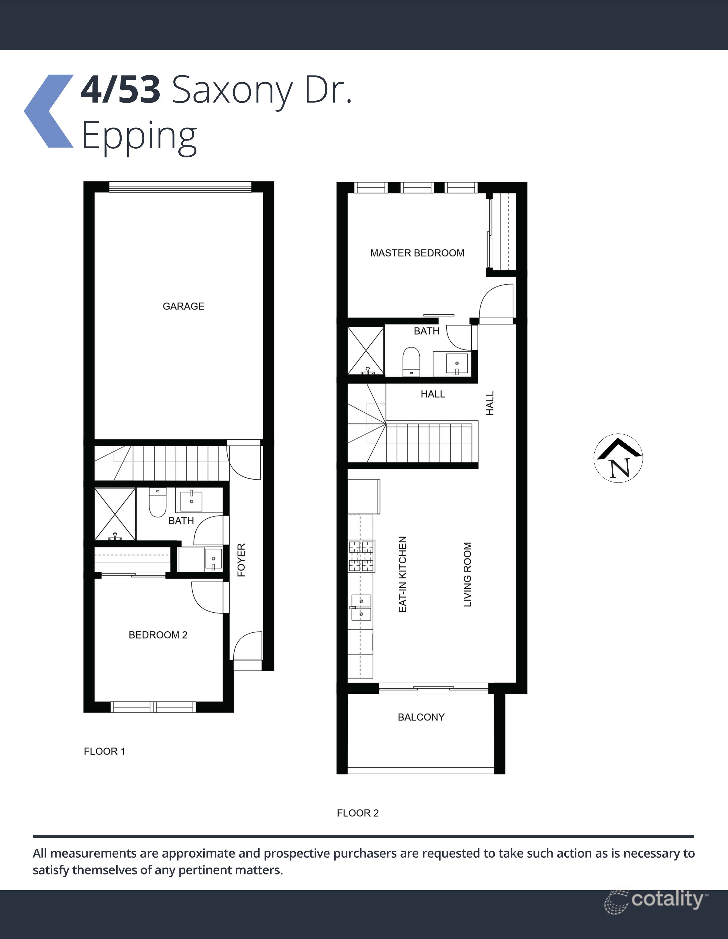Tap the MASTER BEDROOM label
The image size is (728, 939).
click(x=417, y=253)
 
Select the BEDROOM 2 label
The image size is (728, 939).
click(x=158, y=635)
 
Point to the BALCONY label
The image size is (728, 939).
click(x=421, y=717)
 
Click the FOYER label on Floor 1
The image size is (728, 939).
click(x=241, y=560)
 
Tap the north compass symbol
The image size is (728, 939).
click(x=618, y=458)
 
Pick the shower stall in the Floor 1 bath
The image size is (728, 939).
click(x=115, y=514)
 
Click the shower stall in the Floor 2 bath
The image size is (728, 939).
click(x=366, y=350)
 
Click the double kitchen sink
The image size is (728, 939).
click(x=361, y=607)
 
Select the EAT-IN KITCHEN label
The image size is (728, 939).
click(x=403, y=574)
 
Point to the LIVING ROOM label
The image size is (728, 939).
click(x=467, y=574)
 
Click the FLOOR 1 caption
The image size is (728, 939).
click(x=104, y=751)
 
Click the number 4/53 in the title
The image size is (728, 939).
click(x=121, y=90)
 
